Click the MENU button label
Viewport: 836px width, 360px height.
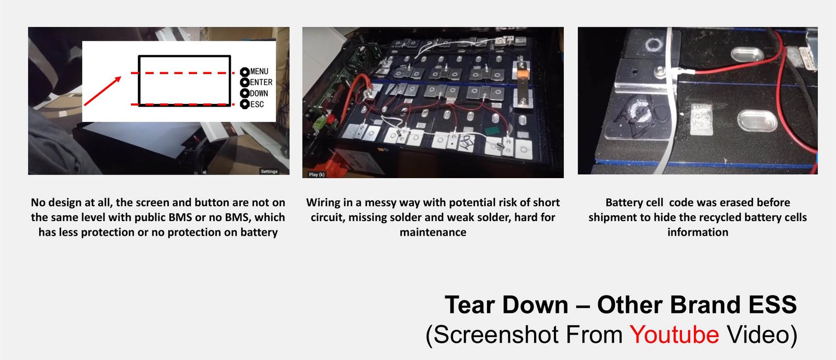click(259, 71)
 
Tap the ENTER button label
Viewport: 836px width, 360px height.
click(261, 82)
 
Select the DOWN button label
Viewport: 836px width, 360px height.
click(259, 93)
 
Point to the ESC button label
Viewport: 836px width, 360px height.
click(257, 104)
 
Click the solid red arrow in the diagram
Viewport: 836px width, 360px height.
click(102, 91)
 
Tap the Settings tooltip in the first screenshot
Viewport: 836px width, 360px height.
click(269, 171)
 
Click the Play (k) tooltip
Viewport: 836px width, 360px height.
click(317, 175)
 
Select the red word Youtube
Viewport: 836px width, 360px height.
click(674, 334)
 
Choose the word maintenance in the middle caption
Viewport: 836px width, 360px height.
click(433, 233)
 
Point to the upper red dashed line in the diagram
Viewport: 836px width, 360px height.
click(182, 73)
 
